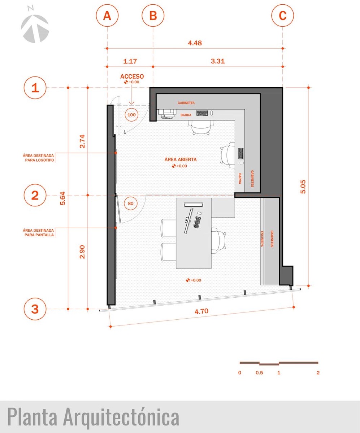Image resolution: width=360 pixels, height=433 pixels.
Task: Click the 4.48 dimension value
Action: click(x=195, y=43)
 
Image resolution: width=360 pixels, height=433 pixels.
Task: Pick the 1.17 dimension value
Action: click(x=130, y=61)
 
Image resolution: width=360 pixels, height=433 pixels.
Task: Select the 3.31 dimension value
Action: click(x=218, y=61)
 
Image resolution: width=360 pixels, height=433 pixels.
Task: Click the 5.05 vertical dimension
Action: click(x=303, y=187)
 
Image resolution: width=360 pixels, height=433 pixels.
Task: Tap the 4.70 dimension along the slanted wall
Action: click(x=201, y=311)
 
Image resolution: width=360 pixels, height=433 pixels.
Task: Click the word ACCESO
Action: click(x=132, y=76)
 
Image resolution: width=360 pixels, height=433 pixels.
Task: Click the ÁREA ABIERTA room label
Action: click(x=181, y=159)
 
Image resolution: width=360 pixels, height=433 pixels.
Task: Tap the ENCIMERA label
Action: click(x=262, y=239)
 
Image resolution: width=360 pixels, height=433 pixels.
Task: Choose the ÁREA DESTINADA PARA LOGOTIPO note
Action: click(x=38, y=158)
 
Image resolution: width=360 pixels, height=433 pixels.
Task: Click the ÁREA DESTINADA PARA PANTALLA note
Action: click(x=38, y=232)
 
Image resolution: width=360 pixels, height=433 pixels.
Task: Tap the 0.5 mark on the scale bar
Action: click(x=259, y=373)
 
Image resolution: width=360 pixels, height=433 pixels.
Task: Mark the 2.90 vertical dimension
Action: click(x=82, y=252)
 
